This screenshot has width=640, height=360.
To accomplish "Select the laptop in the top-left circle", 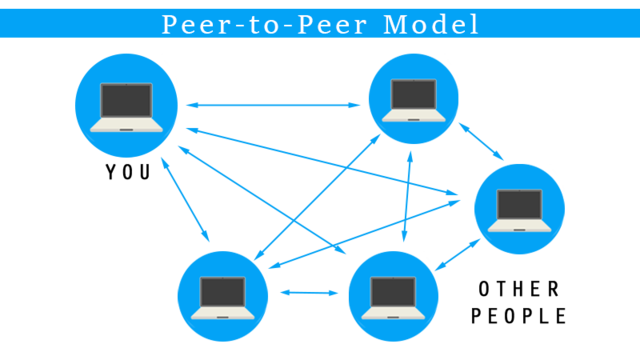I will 126,106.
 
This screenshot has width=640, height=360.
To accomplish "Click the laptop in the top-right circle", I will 413,100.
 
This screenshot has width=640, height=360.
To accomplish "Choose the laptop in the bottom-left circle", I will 223,297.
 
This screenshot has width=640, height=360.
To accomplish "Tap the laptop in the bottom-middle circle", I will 393,297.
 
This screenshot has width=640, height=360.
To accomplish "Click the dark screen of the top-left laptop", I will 126,100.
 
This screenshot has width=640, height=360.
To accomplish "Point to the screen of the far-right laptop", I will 519,204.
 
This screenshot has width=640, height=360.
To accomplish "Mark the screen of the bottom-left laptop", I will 223,291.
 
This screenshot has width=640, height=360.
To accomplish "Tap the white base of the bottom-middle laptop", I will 393,313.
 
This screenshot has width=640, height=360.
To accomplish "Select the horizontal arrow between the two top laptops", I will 273,104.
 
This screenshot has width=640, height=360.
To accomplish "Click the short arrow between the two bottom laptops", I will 309,293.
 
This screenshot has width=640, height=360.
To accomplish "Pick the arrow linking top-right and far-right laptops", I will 481,140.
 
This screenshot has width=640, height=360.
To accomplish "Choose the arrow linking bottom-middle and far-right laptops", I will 459,254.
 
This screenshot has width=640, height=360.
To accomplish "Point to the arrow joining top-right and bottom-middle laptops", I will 407,196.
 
